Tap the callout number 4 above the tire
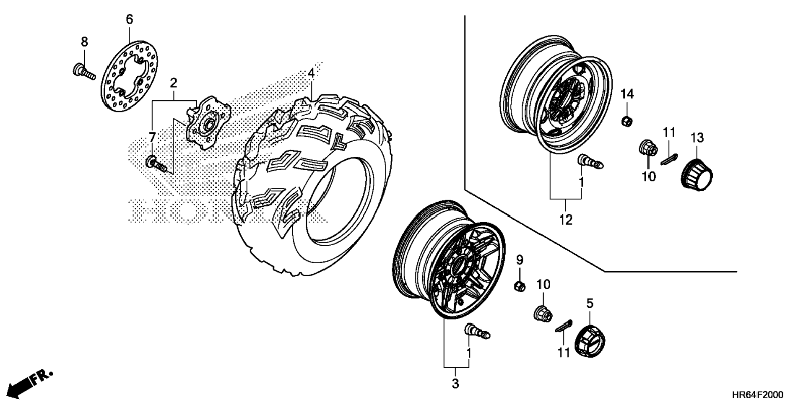pyautogui.click(x=311, y=73)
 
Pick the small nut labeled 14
pyautogui.click(x=626, y=121)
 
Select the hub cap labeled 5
pyautogui.click(x=590, y=341)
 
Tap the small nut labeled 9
pyautogui.click(x=520, y=286)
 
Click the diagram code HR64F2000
pyautogui.click(x=757, y=395)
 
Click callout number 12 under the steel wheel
pyautogui.click(x=565, y=219)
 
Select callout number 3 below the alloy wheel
pyautogui.click(x=455, y=383)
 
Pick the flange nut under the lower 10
pyautogui.click(x=542, y=313)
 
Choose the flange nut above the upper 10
pyautogui.click(x=647, y=147)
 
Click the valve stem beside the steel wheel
pyautogui.click(x=590, y=161)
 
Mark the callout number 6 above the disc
pyautogui.click(x=129, y=19)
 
